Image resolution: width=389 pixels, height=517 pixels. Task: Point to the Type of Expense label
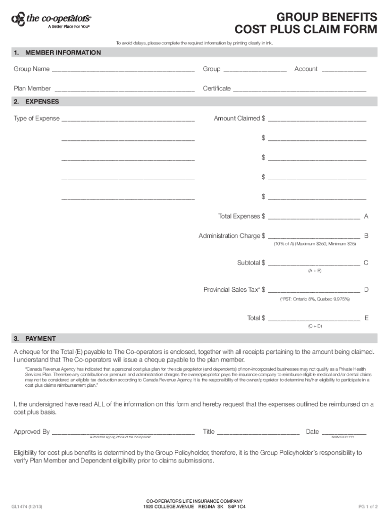(x=36, y=119)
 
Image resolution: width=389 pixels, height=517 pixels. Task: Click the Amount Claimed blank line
(x=317, y=120)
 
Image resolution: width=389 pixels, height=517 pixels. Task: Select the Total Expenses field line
(x=314, y=218)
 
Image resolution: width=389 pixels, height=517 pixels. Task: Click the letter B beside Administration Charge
(x=366, y=236)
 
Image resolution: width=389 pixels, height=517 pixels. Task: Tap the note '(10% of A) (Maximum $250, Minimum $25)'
(x=315, y=244)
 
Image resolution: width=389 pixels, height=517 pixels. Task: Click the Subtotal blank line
(x=314, y=264)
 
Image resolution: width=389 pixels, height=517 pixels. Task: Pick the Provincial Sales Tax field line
(x=314, y=291)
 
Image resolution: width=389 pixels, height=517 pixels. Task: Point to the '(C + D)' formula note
(x=315, y=326)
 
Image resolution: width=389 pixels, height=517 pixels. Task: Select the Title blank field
(x=258, y=433)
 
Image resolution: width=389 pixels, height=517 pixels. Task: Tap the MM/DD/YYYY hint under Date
(x=343, y=437)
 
